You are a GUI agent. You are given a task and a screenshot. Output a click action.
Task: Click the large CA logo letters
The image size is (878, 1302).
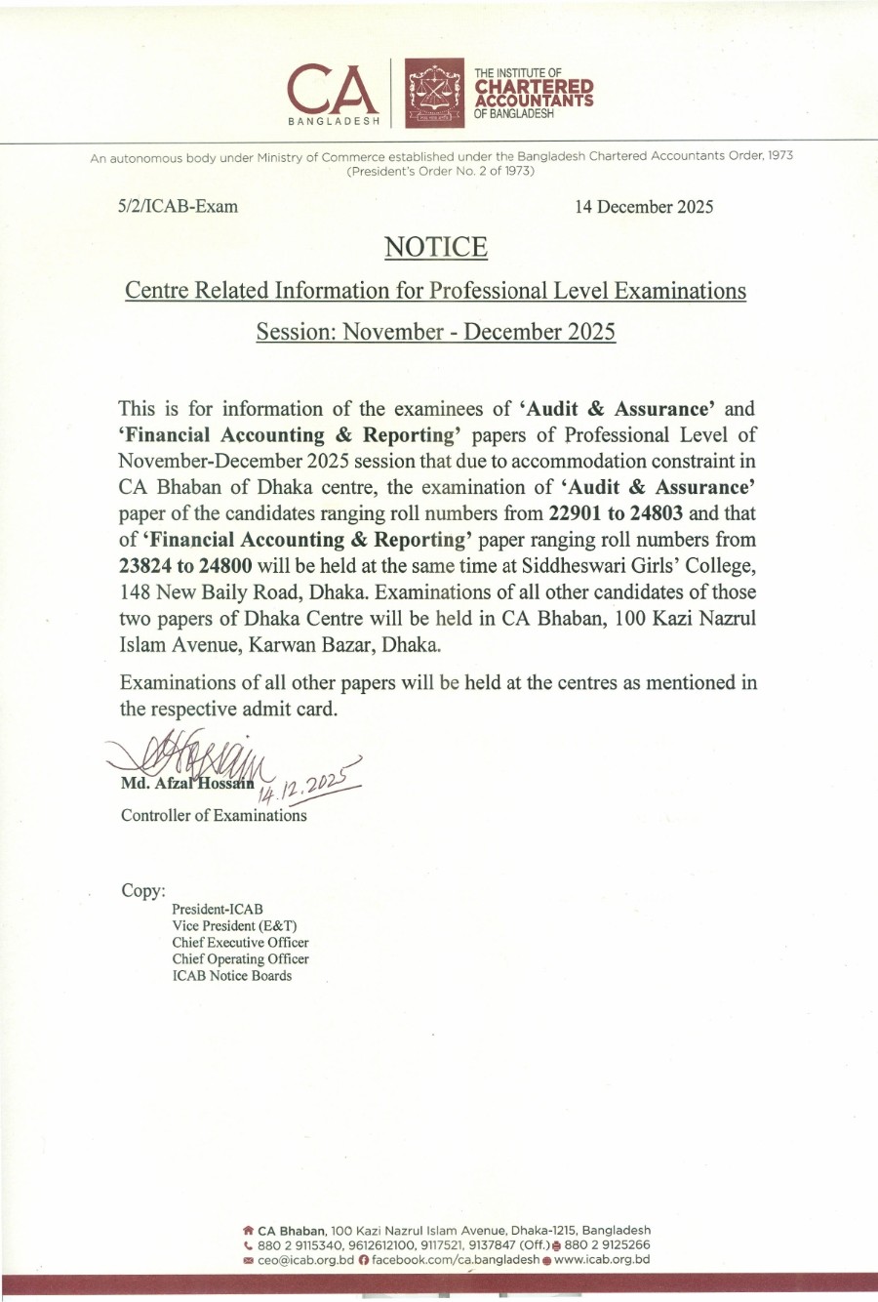click(333, 90)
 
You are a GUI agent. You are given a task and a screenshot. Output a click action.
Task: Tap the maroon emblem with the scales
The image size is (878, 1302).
click(435, 94)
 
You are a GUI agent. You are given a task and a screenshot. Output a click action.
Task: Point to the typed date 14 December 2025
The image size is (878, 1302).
click(644, 207)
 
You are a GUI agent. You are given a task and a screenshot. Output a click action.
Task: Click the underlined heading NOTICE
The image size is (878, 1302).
click(435, 247)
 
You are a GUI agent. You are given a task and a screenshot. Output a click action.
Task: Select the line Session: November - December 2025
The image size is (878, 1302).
click(435, 332)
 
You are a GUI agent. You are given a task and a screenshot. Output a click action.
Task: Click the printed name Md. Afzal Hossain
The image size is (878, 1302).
click(187, 783)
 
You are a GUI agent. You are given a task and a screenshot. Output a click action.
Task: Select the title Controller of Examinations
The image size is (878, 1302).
click(214, 815)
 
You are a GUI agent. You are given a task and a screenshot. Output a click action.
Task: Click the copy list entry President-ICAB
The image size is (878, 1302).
click(218, 909)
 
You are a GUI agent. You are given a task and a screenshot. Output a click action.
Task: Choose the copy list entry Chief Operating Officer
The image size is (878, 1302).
click(240, 958)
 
